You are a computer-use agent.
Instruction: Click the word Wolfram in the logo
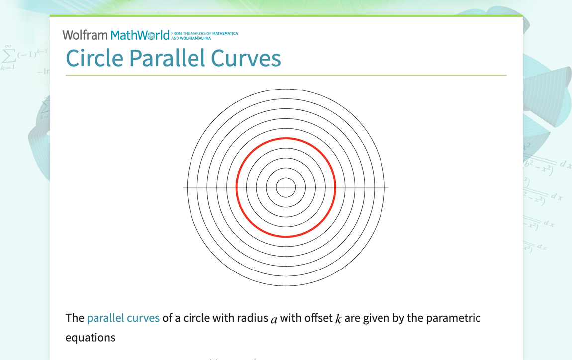click(x=85, y=35)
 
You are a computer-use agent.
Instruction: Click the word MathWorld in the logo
click(x=140, y=35)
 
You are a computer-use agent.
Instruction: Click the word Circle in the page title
click(x=95, y=58)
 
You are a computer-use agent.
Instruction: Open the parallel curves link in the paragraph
click(x=123, y=318)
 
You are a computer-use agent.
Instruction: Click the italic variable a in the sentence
click(x=273, y=319)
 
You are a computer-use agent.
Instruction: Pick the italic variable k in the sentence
click(x=338, y=318)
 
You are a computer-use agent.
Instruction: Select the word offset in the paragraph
click(x=318, y=318)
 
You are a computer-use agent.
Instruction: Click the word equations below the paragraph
click(x=91, y=338)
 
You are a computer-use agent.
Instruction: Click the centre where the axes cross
click(x=286, y=187)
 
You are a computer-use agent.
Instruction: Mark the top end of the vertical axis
click(x=286, y=86)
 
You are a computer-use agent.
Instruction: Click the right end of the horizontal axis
click(x=388, y=187)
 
